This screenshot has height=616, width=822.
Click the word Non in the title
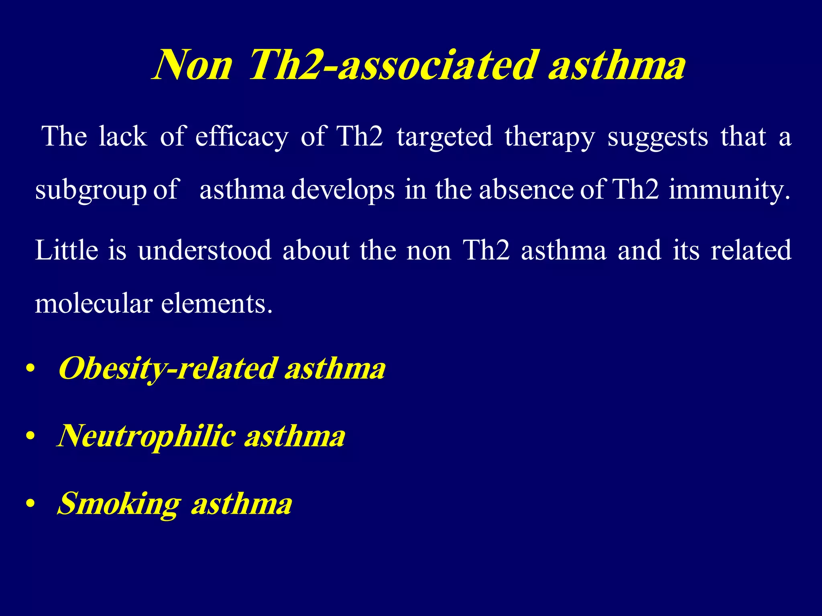pyautogui.click(x=193, y=65)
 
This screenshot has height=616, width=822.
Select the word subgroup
pyautogui.click(x=91, y=190)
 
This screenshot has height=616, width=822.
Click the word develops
pyautogui.click(x=343, y=190)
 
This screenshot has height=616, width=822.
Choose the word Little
pyautogui.click(x=67, y=250)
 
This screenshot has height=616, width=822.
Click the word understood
pyautogui.click(x=205, y=250)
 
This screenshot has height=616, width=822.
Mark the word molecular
pyautogui.click(x=94, y=304)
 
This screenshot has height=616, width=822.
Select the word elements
pyautogui.click(x=217, y=304)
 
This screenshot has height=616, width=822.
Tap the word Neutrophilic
pyautogui.click(x=147, y=436)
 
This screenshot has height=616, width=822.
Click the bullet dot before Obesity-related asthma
pyautogui.click(x=30, y=369)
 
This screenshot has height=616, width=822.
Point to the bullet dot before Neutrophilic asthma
pyautogui.click(x=30, y=436)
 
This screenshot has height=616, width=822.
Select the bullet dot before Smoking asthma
pyautogui.click(x=30, y=503)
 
